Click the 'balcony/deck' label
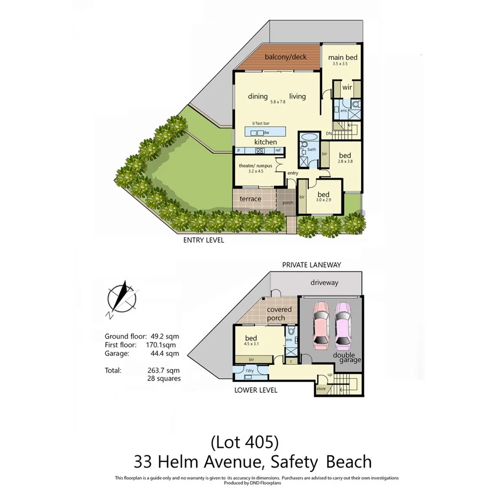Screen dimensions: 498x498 point(286,57)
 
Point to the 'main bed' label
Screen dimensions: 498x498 point(342,57)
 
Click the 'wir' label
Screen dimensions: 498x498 point(347,87)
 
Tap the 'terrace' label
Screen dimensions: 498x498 point(250,199)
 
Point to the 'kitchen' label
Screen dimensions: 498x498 point(265,142)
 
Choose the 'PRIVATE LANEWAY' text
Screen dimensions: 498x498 point(312,264)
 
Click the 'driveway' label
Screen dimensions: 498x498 point(325,283)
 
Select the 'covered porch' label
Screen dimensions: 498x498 point(279,314)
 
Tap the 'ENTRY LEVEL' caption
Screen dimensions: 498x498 point(204,240)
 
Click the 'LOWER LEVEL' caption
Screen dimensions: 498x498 point(256,390)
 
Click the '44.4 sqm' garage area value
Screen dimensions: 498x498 point(166,353)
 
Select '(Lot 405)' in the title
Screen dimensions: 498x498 point(245,442)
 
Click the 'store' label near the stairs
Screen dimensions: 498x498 point(321,388)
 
